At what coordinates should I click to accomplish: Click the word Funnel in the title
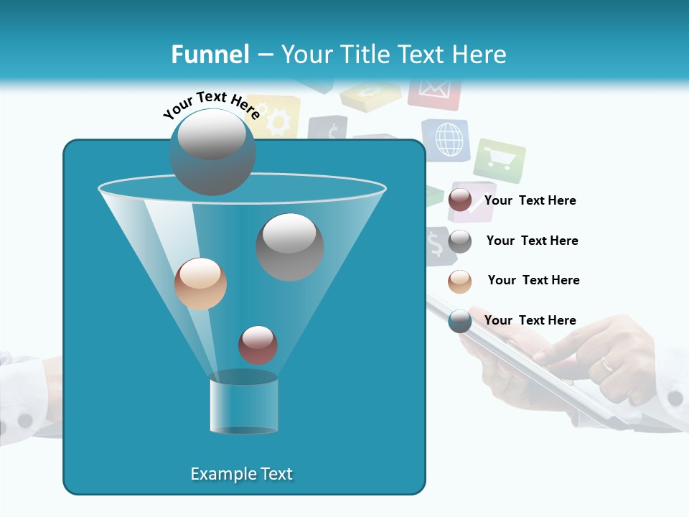point(210,55)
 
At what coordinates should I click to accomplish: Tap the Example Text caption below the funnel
point(241,474)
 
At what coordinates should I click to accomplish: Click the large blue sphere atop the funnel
point(212,152)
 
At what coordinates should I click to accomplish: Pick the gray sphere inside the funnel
point(290,247)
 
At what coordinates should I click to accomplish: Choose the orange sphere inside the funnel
point(200,284)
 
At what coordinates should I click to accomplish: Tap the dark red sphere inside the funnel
point(258,345)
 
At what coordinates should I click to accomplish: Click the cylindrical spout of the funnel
point(243,404)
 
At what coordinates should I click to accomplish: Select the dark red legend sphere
point(460,200)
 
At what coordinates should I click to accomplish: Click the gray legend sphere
point(460,241)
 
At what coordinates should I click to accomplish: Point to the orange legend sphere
point(460,281)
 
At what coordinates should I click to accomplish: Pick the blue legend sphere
point(460,321)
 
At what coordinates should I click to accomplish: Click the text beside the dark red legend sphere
point(530,201)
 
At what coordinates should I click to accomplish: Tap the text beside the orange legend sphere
point(533,280)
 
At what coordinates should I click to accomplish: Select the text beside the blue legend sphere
point(530,320)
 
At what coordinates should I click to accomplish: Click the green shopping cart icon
point(498,160)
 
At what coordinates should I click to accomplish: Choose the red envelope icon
point(433,91)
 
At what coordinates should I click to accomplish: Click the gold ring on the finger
point(607,364)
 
